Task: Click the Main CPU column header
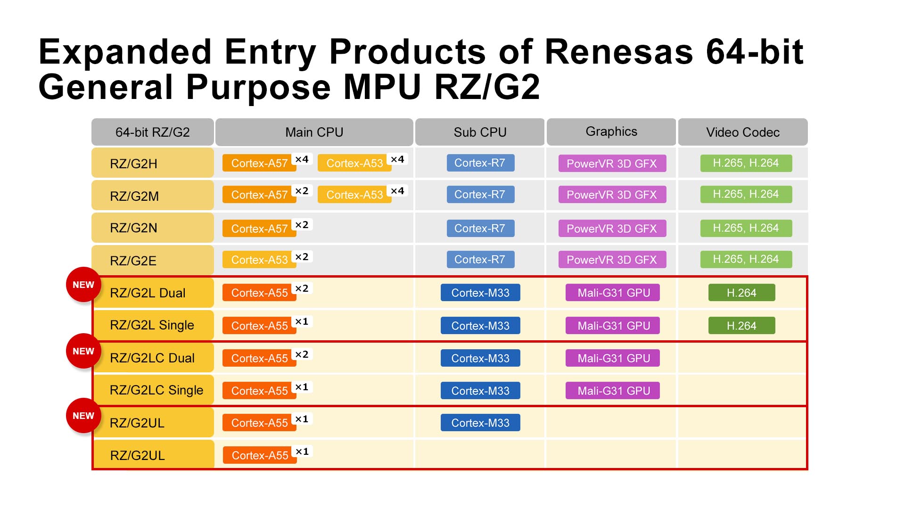(314, 132)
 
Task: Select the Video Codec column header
(742, 132)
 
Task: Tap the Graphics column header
(611, 132)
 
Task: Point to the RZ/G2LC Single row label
(156, 390)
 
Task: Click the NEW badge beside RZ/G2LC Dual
(83, 351)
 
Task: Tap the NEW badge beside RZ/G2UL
(83, 416)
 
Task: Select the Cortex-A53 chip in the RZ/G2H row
(354, 164)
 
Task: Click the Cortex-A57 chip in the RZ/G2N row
(259, 229)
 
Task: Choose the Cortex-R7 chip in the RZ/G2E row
(480, 260)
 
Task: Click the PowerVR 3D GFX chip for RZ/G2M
(612, 195)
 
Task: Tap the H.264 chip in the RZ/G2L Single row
(741, 326)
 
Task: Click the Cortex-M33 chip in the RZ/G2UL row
(480, 423)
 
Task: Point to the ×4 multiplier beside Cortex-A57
(302, 159)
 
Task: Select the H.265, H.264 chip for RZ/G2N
(746, 228)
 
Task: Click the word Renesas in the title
(619, 52)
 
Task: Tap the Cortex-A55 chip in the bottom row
(260, 455)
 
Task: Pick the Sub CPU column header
(480, 132)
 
